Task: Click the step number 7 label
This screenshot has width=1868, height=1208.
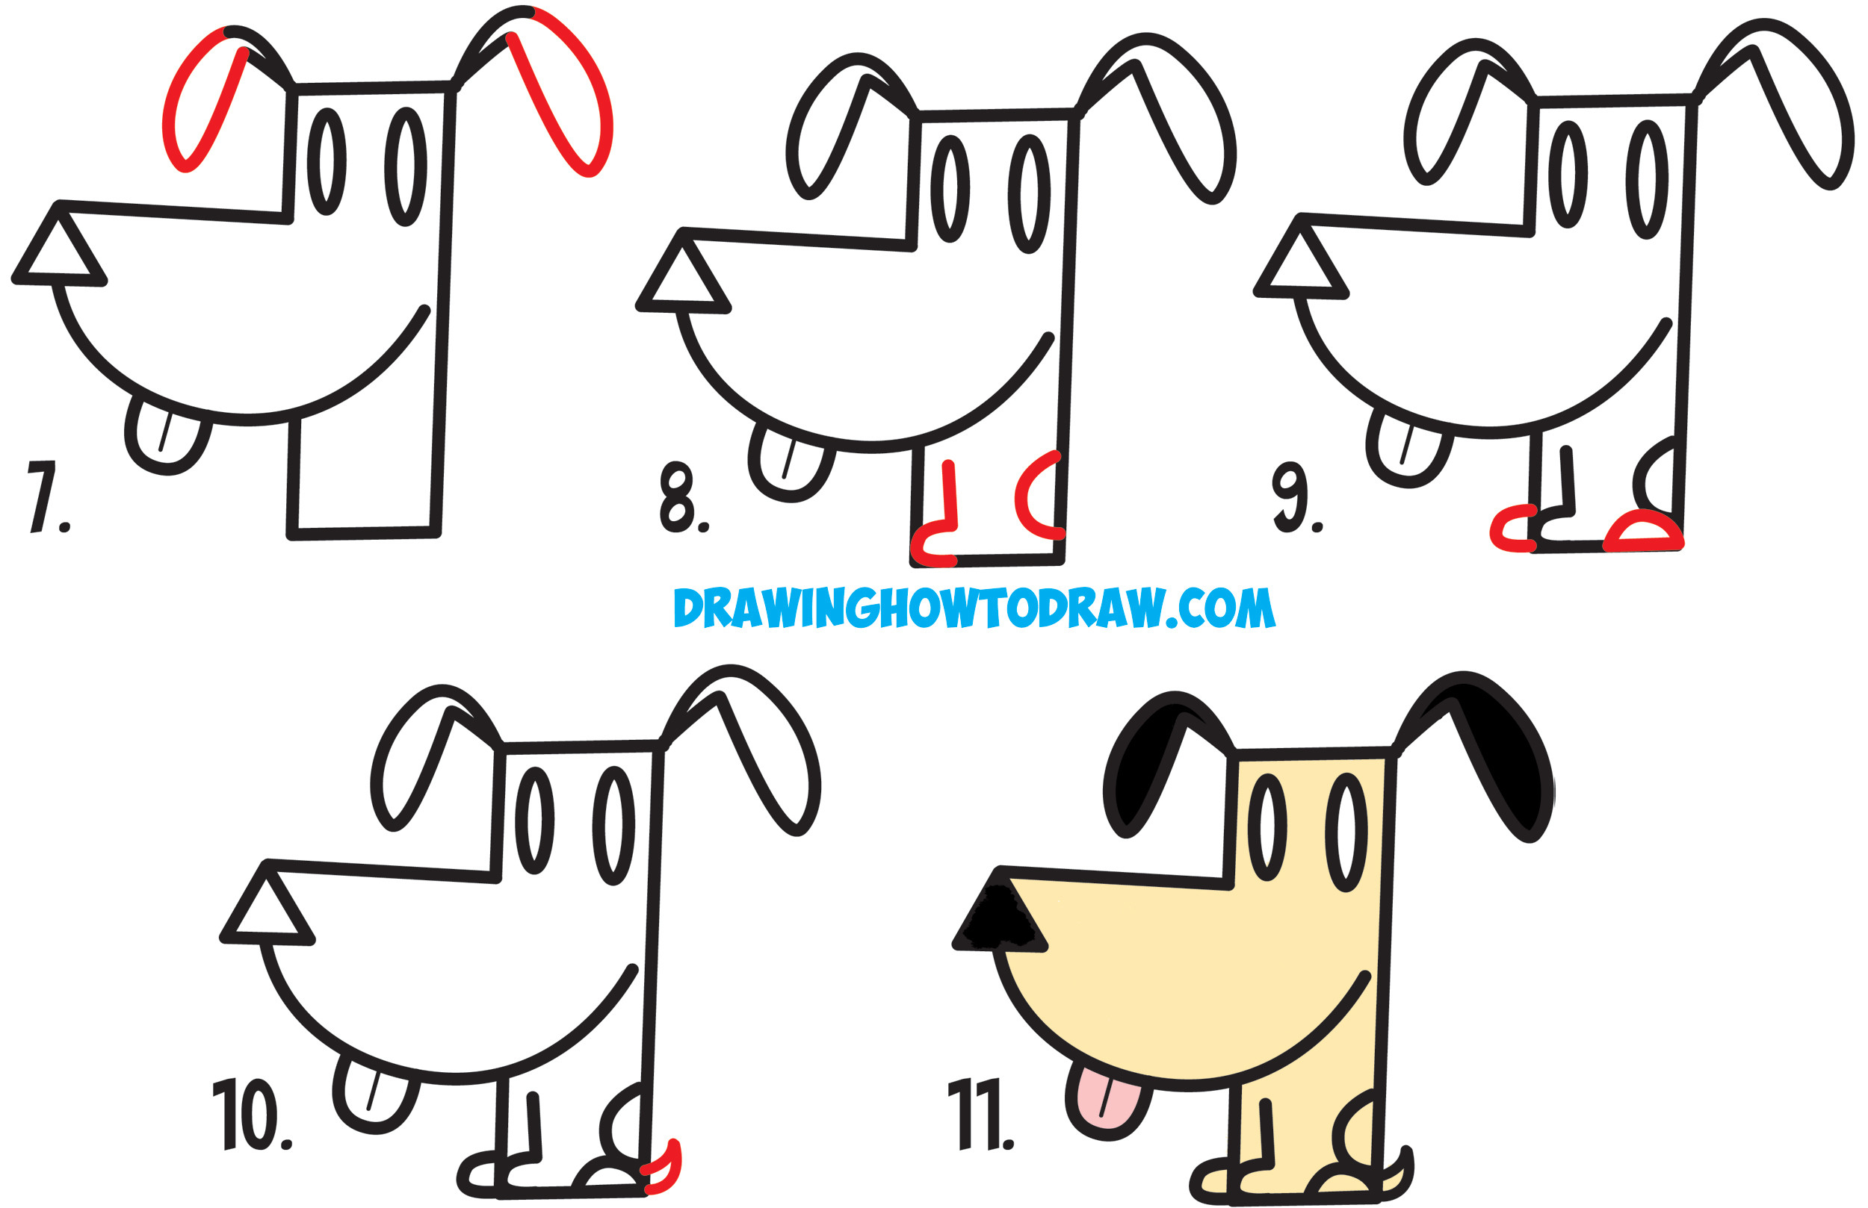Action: tap(47, 497)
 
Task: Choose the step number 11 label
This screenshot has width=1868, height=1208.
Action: tap(981, 1114)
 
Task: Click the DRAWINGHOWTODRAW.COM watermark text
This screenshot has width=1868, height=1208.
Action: tap(974, 608)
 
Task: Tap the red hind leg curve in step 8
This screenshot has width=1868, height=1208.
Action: tap(1028, 497)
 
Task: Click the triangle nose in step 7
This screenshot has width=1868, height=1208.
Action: tap(60, 251)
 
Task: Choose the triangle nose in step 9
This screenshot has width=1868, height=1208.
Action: tap(1302, 264)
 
